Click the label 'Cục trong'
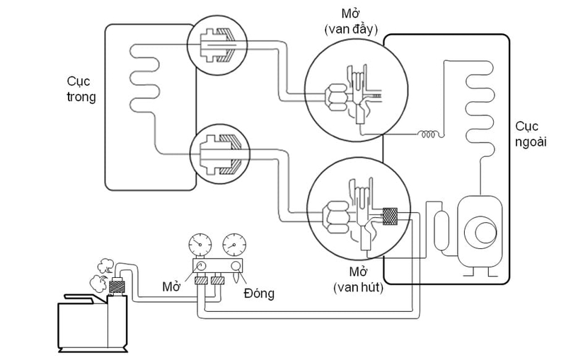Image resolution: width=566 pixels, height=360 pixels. coord(81,89)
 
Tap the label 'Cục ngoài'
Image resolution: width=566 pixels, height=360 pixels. coord(530,134)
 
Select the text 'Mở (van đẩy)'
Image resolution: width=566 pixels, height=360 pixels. coord(351,22)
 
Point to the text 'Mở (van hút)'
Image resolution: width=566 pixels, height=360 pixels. coord(358,279)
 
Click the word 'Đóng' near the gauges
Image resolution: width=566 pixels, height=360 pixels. coord(259,294)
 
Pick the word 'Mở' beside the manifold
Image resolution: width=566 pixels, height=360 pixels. coord(171,286)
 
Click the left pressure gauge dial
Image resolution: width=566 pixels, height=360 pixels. coord(200,245)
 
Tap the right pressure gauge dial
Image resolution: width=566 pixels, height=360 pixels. coord(234,245)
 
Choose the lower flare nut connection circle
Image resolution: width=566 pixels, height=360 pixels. coord(220,154)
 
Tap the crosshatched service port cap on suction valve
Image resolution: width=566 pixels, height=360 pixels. coord(390,216)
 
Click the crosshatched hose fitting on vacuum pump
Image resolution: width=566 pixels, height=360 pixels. coord(116,286)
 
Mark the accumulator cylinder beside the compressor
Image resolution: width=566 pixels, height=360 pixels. coord(441,231)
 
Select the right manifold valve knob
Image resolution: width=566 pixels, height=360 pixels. coord(236,266)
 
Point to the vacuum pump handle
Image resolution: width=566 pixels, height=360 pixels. coord(80,298)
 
